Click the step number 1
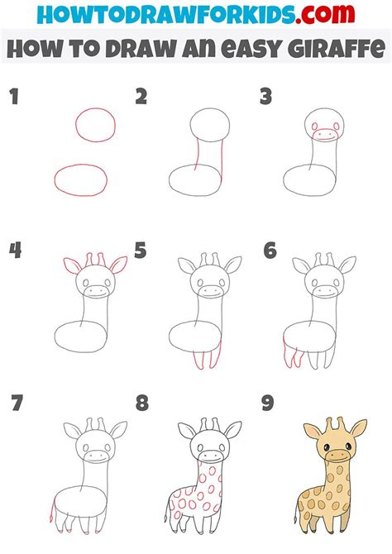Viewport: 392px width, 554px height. click(x=13, y=98)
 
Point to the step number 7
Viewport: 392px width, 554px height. click(x=15, y=404)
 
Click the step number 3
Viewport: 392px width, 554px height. click(x=265, y=98)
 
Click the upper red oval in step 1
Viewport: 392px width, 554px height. click(x=95, y=125)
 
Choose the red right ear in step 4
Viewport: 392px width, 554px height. click(x=117, y=265)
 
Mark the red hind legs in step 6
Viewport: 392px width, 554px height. click(x=294, y=357)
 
